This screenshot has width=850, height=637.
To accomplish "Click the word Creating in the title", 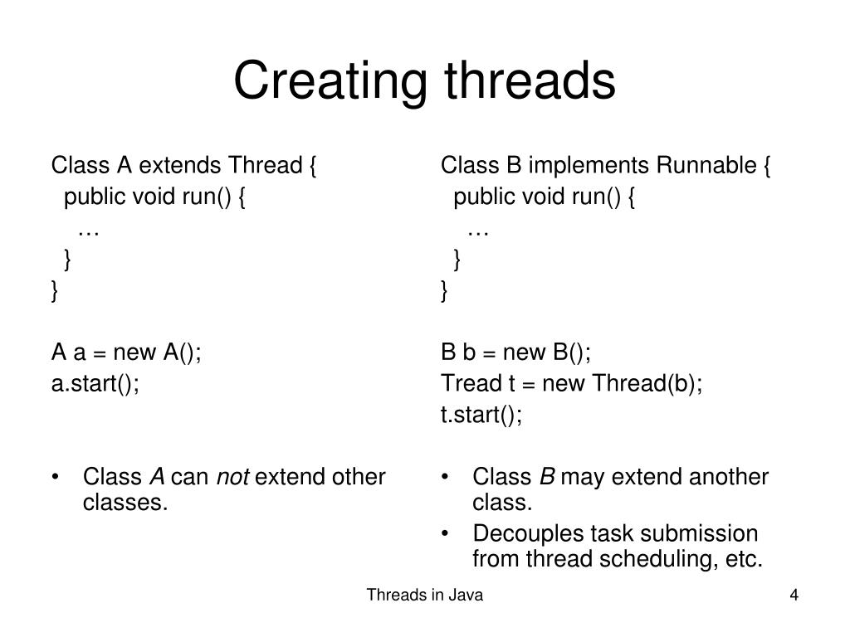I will tap(328, 80).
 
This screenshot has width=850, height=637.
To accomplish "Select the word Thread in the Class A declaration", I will tap(266, 166).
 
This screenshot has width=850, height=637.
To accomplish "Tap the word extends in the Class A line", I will tap(181, 166).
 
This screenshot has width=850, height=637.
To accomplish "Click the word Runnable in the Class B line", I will tap(706, 166).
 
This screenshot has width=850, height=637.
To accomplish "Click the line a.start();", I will tap(95, 384).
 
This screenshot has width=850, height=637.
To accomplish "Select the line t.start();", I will tap(481, 415).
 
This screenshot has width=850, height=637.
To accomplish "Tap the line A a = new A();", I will tap(126, 353).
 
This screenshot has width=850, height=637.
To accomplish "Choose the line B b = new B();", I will tap(515, 353).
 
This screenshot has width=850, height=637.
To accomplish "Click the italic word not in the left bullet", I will tap(232, 478).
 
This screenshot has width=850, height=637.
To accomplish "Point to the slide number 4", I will tap(794, 596).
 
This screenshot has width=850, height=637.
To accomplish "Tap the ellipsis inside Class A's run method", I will tap(89, 231).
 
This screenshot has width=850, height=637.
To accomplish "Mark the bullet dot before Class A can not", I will tap(56, 479).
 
